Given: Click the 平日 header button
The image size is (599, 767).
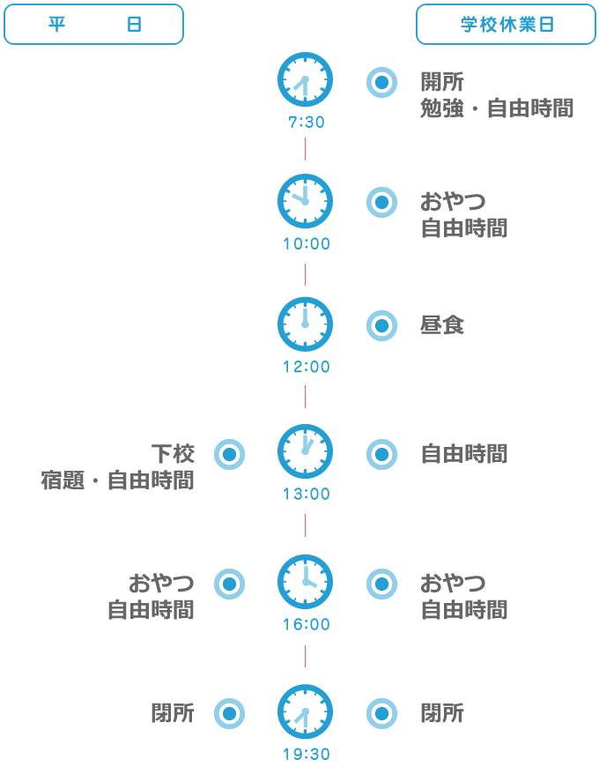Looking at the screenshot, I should pyautogui.click(x=93, y=25).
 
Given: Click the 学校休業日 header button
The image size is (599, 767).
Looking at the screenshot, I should pyautogui.click(x=506, y=25).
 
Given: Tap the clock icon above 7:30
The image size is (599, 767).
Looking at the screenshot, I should pyautogui.click(x=306, y=80).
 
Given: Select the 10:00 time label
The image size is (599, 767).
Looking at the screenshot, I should pyautogui.click(x=307, y=244).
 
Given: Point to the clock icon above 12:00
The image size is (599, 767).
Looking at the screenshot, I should pyautogui.click(x=306, y=324).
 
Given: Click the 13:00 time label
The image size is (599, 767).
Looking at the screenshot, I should pyautogui.click(x=307, y=495).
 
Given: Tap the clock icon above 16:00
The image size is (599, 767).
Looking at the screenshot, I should pyautogui.click(x=306, y=582).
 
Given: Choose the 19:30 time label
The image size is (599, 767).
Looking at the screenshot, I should pyautogui.click(x=307, y=755).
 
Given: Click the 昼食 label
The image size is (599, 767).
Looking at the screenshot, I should pyautogui.click(x=442, y=327).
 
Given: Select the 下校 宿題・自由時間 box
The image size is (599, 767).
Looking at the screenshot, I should pyautogui.click(x=117, y=469).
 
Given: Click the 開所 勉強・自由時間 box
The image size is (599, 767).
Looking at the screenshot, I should pyautogui.click(x=497, y=98).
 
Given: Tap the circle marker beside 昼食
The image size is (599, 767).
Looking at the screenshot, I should pyautogui.click(x=381, y=326).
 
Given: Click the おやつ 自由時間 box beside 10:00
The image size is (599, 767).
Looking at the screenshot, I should pyautogui.click(x=464, y=218).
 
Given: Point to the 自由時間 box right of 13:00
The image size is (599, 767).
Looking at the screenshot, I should pyautogui.click(x=464, y=456).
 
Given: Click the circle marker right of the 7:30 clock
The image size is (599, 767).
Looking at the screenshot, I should pyautogui.click(x=381, y=83).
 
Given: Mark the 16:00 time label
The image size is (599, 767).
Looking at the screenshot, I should pyautogui.click(x=307, y=625).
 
